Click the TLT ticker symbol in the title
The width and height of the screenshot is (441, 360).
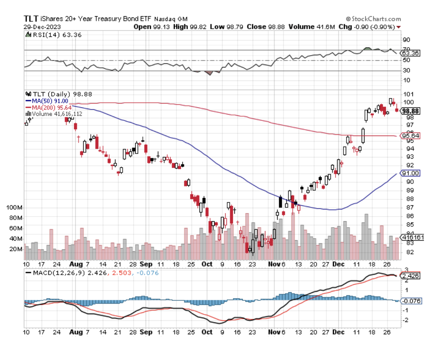coord(31,19)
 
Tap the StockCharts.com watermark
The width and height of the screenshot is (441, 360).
coord(374,19)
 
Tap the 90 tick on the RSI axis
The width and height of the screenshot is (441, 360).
coord(406,40)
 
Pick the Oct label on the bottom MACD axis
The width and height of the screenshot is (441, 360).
coord(206,332)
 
